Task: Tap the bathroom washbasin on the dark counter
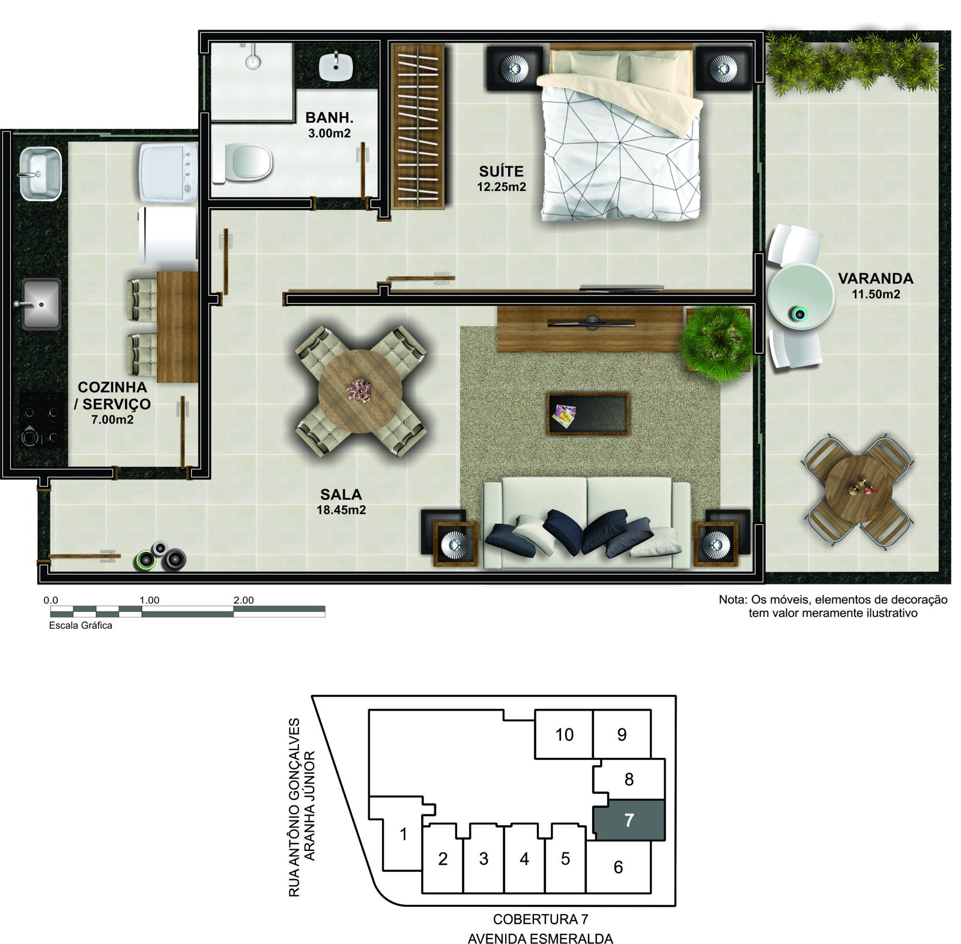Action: click(336, 66)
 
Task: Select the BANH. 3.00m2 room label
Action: click(329, 125)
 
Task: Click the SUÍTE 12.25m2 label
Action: click(502, 178)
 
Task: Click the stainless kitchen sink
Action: click(41, 304)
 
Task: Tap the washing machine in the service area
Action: click(169, 173)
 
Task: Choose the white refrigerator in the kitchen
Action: click(168, 236)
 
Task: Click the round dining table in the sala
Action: click(360, 391)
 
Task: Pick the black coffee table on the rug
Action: click(587, 413)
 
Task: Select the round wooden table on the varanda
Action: click(858, 490)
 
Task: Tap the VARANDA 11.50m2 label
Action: click(876, 286)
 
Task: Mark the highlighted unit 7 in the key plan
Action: click(629, 819)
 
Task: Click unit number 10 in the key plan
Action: click(564, 734)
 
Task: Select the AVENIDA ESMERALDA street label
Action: click(541, 938)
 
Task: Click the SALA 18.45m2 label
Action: click(341, 502)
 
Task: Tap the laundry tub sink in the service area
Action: click(41, 173)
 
